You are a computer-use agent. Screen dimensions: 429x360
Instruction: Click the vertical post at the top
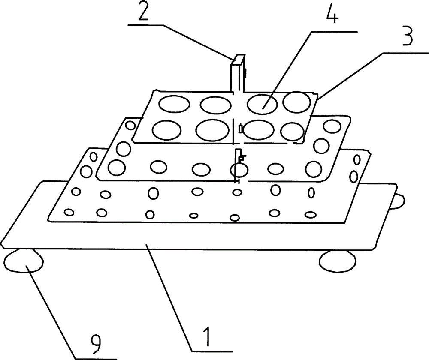(237, 73)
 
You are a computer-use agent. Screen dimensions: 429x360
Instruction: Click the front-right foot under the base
(338, 261)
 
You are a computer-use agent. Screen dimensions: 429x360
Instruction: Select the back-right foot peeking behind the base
(398, 199)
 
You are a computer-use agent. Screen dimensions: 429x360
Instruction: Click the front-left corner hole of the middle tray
(116, 168)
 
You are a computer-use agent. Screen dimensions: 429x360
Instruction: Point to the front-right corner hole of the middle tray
(315, 168)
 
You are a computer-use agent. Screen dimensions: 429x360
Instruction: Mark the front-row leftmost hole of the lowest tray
(68, 211)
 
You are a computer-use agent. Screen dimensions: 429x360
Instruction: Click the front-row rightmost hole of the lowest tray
(311, 213)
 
